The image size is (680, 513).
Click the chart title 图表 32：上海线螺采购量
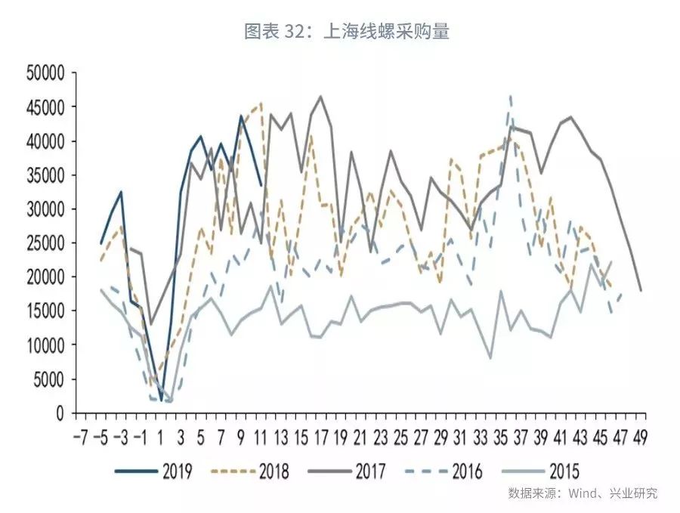click(x=347, y=31)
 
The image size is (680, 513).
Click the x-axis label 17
click(x=320, y=437)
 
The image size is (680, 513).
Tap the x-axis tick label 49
click(x=641, y=437)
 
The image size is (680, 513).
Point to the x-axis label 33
click(x=481, y=437)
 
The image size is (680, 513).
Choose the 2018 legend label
click(x=273, y=472)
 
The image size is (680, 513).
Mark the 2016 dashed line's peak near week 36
click(x=511, y=96)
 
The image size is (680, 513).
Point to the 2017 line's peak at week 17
click(x=320, y=97)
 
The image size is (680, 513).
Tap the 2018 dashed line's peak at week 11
click(x=261, y=103)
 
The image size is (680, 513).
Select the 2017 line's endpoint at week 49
click(x=641, y=290)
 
